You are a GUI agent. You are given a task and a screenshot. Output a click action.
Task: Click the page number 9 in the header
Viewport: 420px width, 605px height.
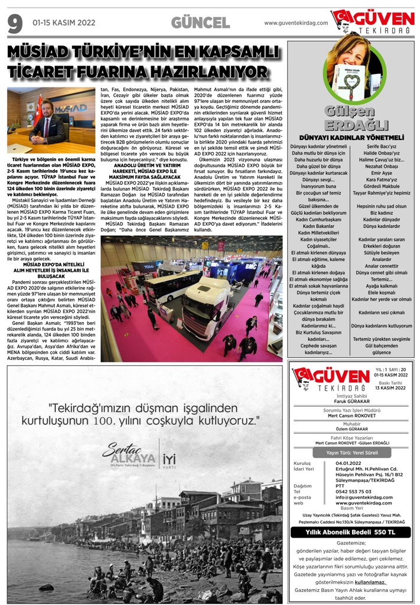(15, 24)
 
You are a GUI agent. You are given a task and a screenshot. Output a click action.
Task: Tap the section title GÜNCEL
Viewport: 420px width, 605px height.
(200, 23)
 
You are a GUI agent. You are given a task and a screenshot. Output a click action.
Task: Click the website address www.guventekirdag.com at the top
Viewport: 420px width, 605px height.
(295, 22)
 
